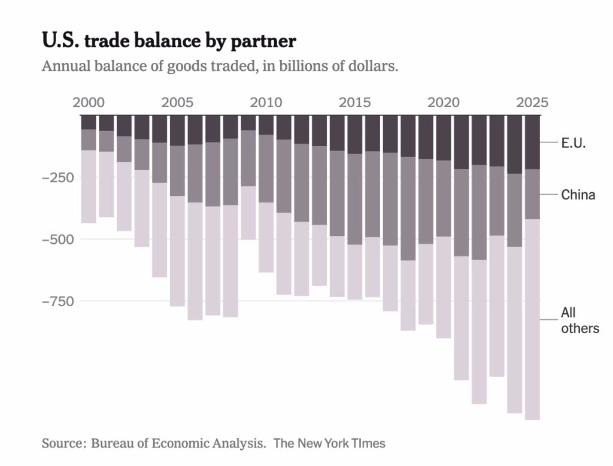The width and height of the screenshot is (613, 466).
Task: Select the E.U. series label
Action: point(573,143)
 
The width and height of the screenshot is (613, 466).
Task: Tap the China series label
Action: point(578,195)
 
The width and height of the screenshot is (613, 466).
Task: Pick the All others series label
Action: point(579,320)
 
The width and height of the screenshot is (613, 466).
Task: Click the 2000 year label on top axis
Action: point(89,102)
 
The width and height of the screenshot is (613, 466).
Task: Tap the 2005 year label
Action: point(177,102)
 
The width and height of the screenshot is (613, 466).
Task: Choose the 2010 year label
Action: point(266,102)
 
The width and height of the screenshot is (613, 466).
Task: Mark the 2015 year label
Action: point(355,102)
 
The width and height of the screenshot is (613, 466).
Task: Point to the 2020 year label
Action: point(444,102)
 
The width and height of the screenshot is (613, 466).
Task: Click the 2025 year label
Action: point(532,102)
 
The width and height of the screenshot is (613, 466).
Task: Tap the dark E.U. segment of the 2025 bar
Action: point(532,142)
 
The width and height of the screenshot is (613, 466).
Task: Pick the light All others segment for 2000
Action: point(89,186)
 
